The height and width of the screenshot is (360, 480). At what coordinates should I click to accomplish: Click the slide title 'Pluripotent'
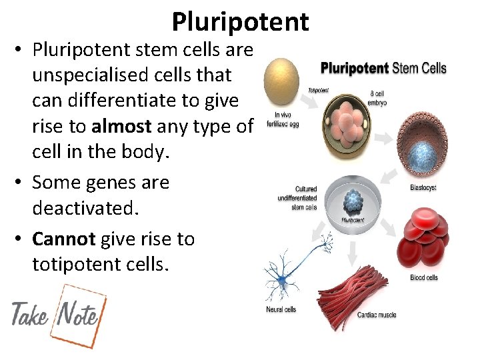(240, 21)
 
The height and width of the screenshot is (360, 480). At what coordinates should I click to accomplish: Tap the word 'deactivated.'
(85, 209)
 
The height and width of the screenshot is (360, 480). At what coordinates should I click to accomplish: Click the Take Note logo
(57, 315)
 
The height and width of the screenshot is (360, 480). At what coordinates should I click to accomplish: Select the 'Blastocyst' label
(423, 188)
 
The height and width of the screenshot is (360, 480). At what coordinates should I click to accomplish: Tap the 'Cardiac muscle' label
(377, 315)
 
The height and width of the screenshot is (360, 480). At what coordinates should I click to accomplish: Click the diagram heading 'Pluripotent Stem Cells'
(383, 68)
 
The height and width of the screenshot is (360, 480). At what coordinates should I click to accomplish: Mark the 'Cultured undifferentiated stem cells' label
(297, 198)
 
